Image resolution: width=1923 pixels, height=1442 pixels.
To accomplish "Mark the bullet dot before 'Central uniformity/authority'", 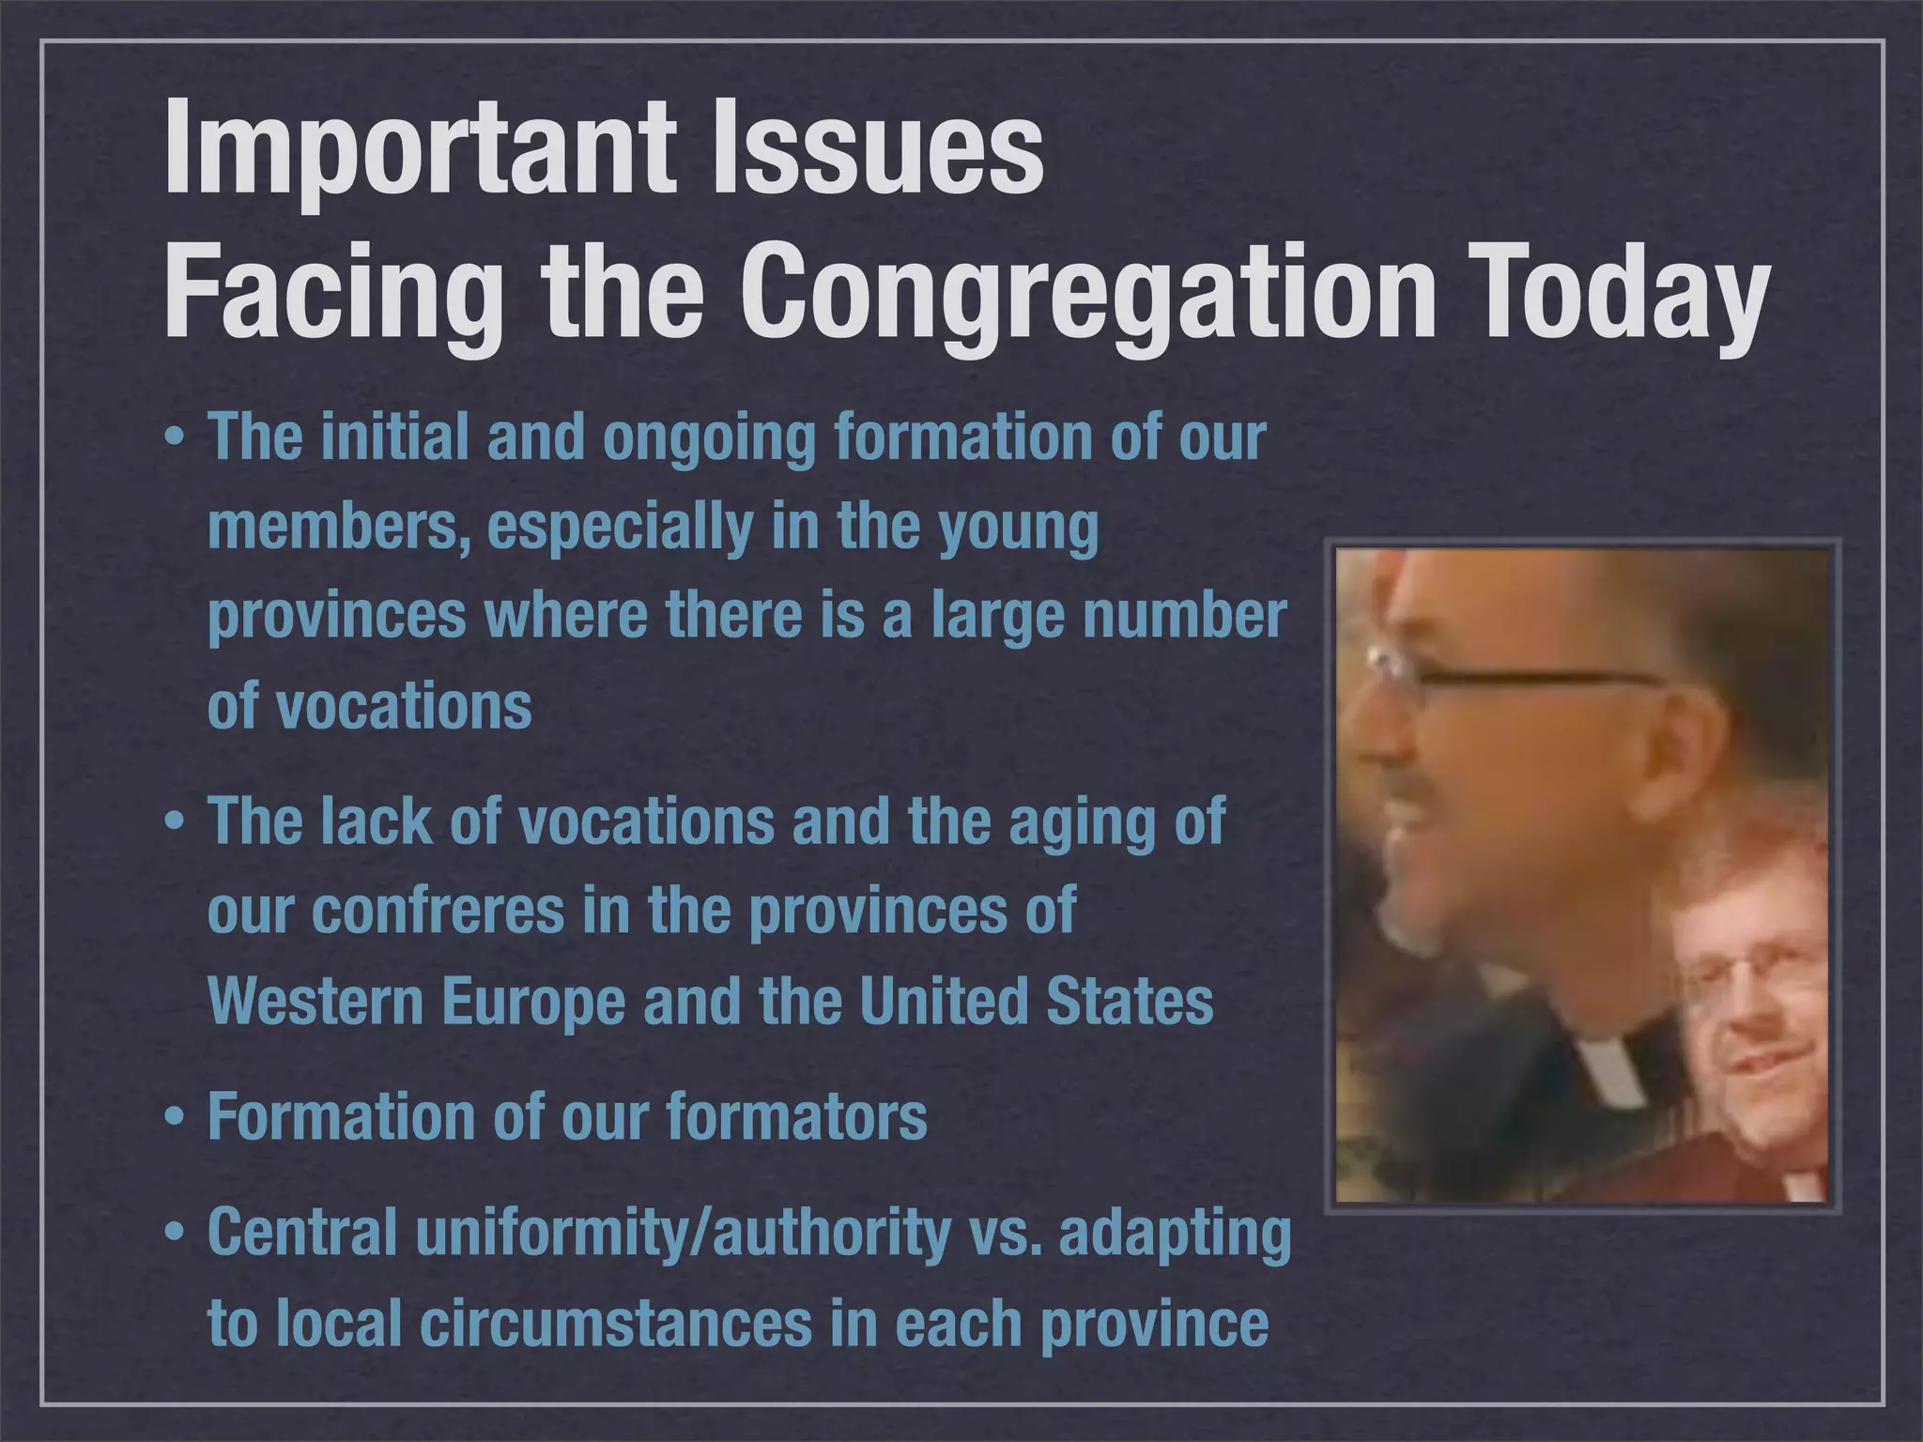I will pos(175,1235).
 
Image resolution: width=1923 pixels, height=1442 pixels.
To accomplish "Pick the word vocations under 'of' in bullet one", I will pos(404,706).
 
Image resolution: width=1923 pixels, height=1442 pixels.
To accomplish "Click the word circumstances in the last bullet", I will pos(615,1324).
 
